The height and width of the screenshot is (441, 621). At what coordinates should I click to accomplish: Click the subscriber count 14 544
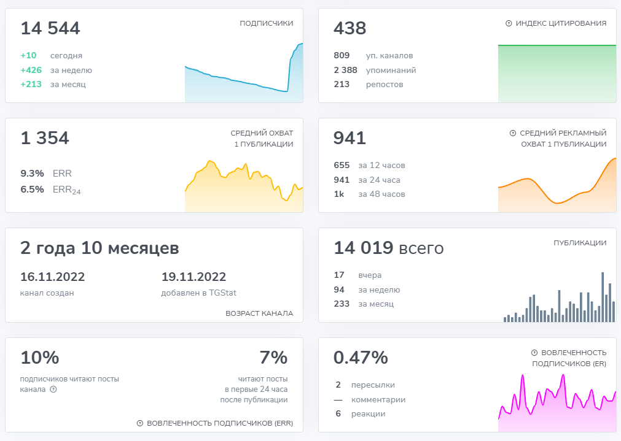(50, 28)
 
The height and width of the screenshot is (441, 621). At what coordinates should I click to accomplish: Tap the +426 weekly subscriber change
(31, 70)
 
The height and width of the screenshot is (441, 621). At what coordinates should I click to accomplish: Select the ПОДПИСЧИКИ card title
(266, 23)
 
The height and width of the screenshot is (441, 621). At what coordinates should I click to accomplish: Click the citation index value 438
(350, 28)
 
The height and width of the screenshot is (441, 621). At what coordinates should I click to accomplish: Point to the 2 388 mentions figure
(345, 70)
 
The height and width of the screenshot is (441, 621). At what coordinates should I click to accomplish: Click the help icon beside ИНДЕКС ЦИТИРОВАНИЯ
(509, 23)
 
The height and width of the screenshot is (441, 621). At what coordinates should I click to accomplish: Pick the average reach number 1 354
(45, 139)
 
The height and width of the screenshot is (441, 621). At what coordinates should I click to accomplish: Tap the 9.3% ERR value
(32, 174)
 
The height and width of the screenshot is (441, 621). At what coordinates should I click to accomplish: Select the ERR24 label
(66, 190)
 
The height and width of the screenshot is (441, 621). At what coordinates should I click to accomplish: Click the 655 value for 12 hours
(342, 165)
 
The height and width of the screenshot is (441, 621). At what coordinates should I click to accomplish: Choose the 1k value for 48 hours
(339, 194)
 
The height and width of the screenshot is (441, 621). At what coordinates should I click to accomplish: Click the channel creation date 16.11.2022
(52, 277)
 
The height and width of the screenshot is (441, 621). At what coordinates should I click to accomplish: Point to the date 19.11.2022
(193, 277)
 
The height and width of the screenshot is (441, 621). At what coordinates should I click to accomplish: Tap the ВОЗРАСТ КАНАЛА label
(259, 313)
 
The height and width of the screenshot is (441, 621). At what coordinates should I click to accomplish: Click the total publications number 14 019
(363, 248)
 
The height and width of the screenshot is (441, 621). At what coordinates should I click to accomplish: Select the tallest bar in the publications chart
(603, 297)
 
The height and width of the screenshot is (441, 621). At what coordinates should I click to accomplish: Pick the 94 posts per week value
(339, 290)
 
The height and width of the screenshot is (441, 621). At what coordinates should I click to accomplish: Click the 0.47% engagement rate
(361, 358)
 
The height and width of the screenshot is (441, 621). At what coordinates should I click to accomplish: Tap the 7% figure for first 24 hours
(273, 358)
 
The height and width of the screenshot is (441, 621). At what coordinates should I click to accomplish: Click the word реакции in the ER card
(368, 414)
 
